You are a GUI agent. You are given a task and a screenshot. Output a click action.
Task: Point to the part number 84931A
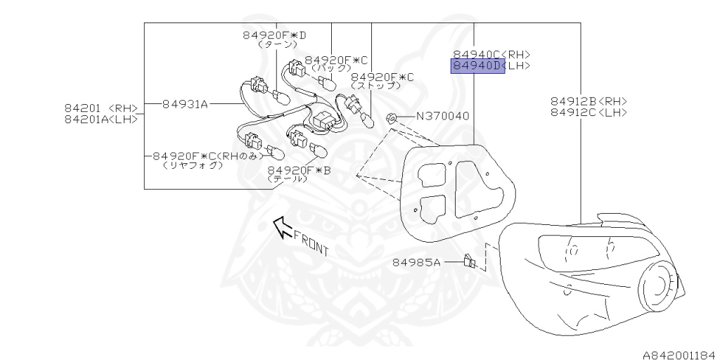pyautogui.click(x=185, y=104)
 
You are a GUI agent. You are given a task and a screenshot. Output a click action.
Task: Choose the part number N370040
pyautogui.click(x=443, y=116)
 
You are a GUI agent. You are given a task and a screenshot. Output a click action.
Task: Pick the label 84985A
pyautogui.click(x=416, y=262)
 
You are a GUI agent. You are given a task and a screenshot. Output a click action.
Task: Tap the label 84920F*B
pyautogui.click(x=299, y=170)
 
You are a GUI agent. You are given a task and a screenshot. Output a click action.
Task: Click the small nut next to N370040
pyautogui.click(x=394, y=118)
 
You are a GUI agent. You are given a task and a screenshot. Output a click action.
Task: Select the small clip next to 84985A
pyautogui.click(x=469, y=262)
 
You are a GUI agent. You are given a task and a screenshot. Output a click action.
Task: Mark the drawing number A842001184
pyautogui.click(x=678, y=354)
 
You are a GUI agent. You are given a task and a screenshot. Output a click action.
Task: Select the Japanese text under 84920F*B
pyautogui.click(x=288, y=179)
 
